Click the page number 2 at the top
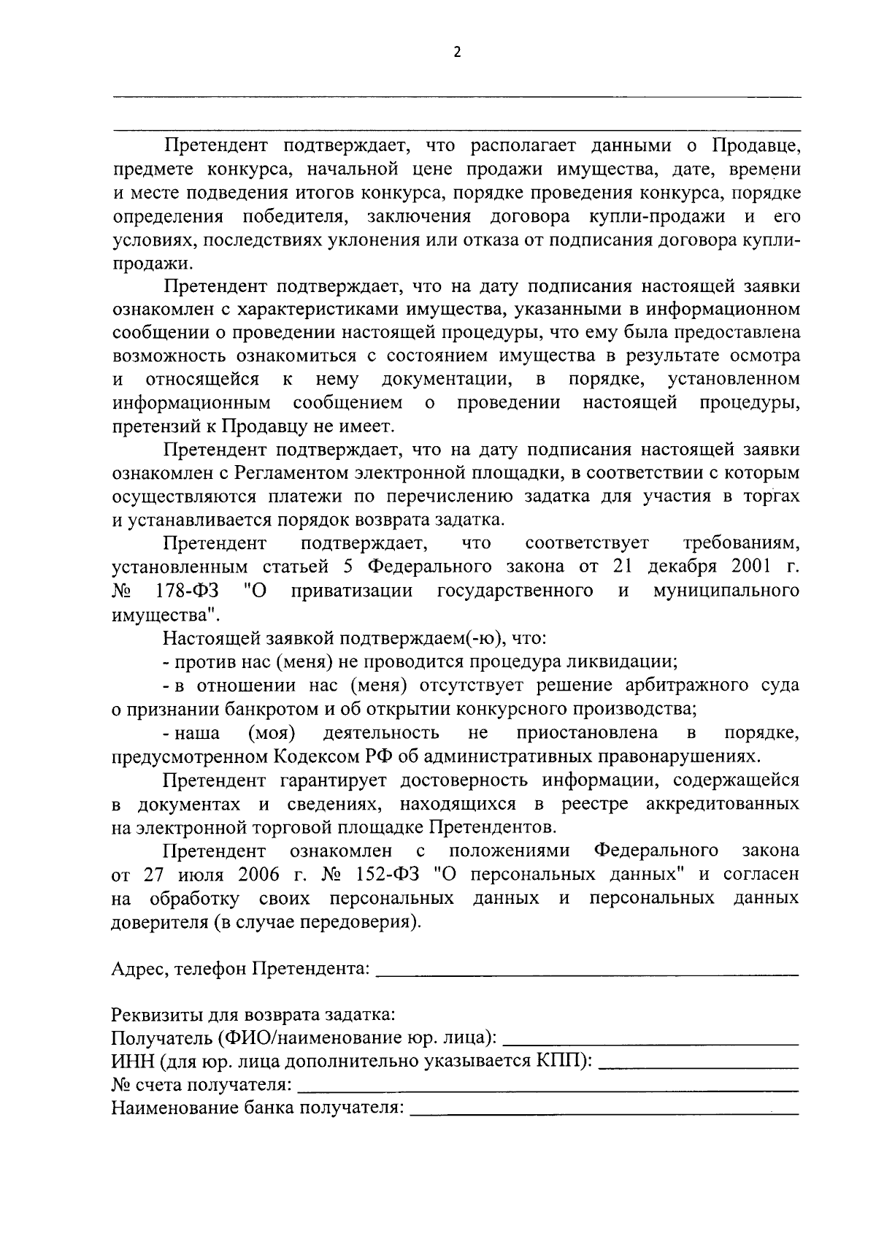pyautogui.click(x=458, y=52)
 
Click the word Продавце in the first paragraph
pyautogui.click(x=756, y=146)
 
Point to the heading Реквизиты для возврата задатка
pyautogui.click(x=253, y=1015)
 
